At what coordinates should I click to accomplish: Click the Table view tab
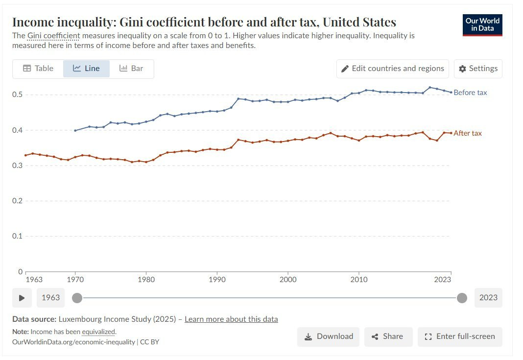[38, 69]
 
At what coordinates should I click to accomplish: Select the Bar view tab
[131, 69]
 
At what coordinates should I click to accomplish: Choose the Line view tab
[86, 69]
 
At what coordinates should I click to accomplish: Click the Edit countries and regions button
[393, 69]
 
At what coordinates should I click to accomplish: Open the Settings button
[478, 69]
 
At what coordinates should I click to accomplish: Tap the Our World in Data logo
[482, 25]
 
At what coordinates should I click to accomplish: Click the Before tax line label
[470, 93]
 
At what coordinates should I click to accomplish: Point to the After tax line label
[468, 133]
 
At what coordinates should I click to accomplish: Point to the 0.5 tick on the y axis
[17, 95]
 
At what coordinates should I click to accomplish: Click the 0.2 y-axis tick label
[17, 201]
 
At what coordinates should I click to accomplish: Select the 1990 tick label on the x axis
[217, 280]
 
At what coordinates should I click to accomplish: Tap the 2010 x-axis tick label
[359, 280]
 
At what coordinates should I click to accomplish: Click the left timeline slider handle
[77, 298]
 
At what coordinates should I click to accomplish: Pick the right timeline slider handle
[462, 298]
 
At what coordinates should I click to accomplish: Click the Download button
[328, 336]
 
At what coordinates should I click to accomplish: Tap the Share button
[388, 336]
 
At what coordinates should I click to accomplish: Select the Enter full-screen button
[460, 336]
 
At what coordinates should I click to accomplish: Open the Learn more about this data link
[231, 319]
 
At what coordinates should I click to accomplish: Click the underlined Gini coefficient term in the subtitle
[54, 36]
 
